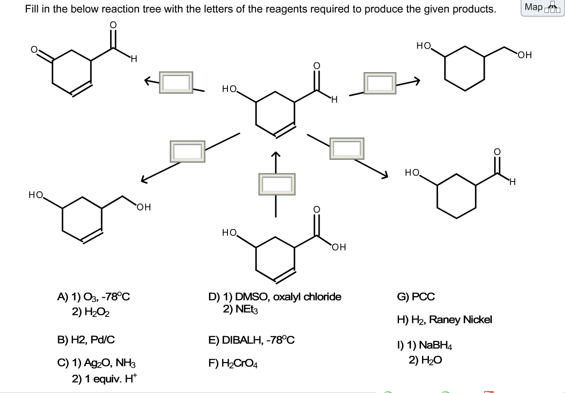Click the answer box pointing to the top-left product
click(176, 82)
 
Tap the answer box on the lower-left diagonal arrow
click(187, 151)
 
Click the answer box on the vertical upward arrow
click(276, 184)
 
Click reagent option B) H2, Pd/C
click(86, 340)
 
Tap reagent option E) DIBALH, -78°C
click(251, 340)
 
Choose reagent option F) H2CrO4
click(233, 364)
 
